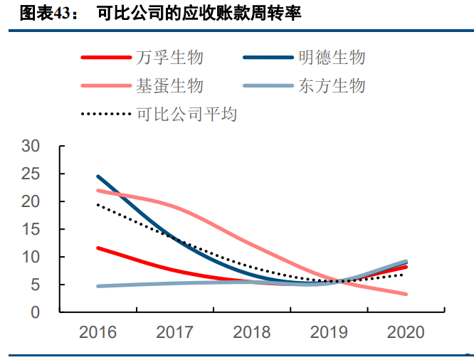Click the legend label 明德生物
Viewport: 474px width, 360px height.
[332, 57]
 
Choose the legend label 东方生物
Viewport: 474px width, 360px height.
[332, 85]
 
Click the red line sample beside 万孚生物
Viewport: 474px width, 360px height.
[105, 58]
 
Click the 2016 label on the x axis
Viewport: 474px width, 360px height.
[98, 332]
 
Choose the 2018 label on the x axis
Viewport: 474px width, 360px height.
[252, 332]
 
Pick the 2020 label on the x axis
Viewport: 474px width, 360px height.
[406, 332]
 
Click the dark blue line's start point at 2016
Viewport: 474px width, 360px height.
[98, 176]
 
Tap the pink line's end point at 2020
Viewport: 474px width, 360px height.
[406, 294]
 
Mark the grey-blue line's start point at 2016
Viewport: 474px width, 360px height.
[98, 286]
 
